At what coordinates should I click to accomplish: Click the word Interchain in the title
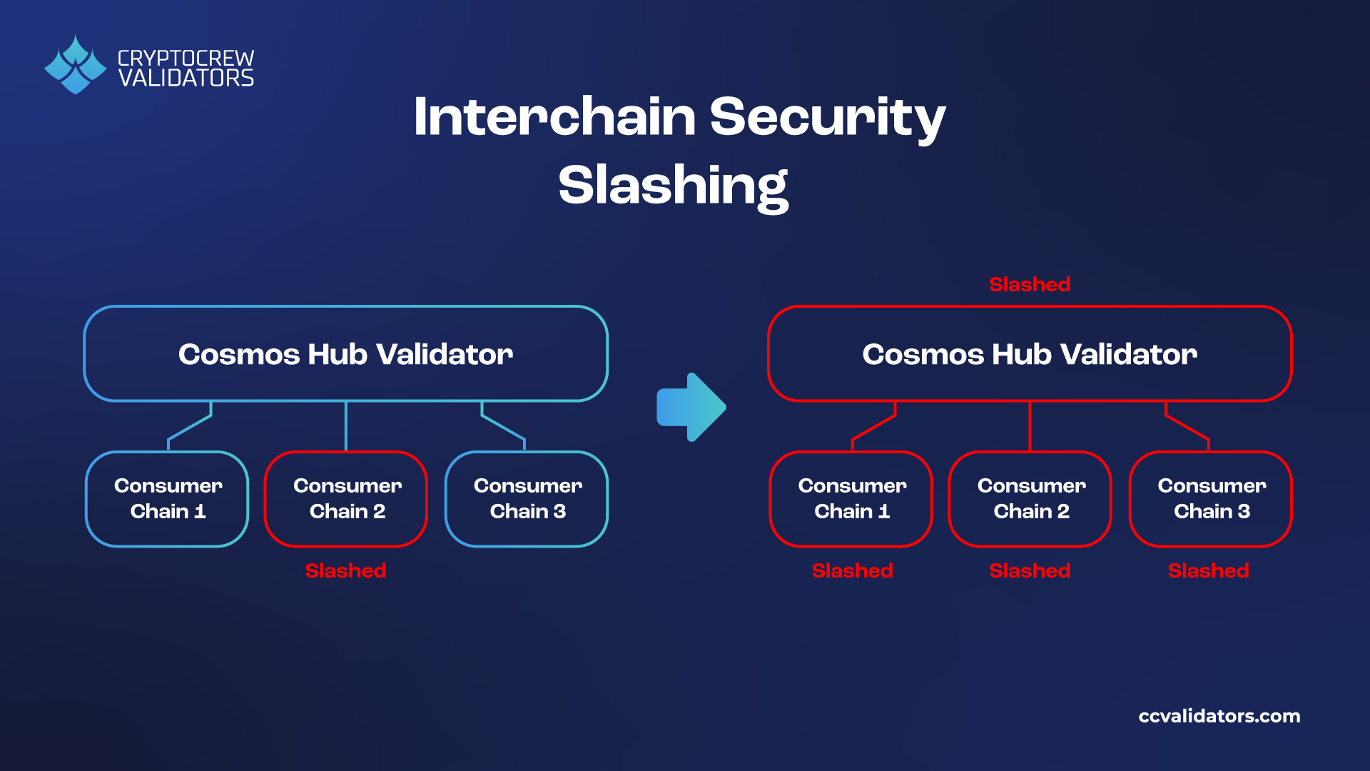(x=554, y=116)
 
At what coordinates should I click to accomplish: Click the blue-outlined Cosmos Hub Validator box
(x=345, y=354)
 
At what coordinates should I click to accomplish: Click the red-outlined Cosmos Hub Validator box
(x=1030, y=354)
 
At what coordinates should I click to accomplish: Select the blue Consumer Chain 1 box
(x=168, y=499)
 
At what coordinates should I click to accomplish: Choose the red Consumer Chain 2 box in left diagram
(x=347, y=499)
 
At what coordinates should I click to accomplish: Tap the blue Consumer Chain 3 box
(x=527, y=499)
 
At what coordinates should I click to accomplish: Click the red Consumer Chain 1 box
(x=851, y=499)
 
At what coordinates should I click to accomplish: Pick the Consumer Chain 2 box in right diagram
(x=1030, y=499)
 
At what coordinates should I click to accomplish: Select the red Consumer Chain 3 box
(x=1211, y=499)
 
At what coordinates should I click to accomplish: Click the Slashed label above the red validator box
(x=1030, y=284)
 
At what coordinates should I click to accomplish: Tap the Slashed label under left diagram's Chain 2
(x=345, y=570)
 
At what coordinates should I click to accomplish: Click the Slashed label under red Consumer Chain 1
(x=852, y=570)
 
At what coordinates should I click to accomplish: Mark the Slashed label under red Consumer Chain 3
(x=1208, y=570)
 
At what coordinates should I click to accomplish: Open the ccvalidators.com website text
(x=1219, y=716)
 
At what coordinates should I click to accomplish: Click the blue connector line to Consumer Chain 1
(x=190, y=427)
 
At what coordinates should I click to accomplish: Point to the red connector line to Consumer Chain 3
(x=1187, y=427)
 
